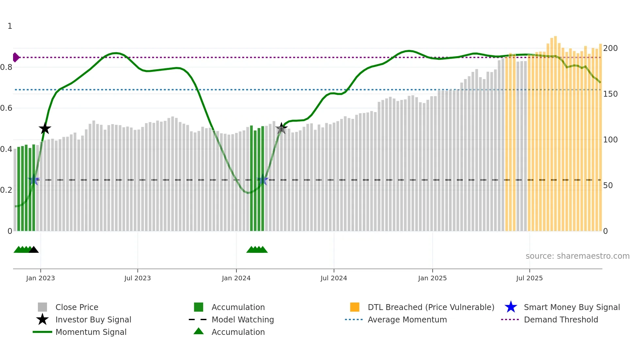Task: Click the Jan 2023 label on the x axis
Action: (x=40, y=278)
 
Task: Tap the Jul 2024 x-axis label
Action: (x=334, y=278)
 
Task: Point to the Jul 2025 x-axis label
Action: (x=529, y=278)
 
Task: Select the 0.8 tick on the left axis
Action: (x=6, y=67)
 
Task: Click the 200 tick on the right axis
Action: (x=610, y=48)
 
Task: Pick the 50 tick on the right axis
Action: (x=608, y=186)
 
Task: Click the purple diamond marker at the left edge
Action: (x=16, y=57)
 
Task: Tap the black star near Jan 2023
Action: (x=45, y=128)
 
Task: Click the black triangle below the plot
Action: (x=34, y=250)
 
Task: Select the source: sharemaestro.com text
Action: (x=577, y=256)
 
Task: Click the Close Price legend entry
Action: (x=77, y=307)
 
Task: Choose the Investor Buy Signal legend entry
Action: (x=93, y=319)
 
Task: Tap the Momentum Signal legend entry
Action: (x=91, y=332)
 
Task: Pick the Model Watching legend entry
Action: (x=243, y=319)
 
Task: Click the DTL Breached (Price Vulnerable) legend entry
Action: (x=431, y=307)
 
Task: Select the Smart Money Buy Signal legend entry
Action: (x=571, y=307)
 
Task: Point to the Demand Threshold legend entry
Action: (x=561, y=319)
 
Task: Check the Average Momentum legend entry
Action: (x=407, y=319)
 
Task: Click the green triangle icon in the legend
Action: (x=199, y=331)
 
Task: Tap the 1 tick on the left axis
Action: (x=10, y=26)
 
